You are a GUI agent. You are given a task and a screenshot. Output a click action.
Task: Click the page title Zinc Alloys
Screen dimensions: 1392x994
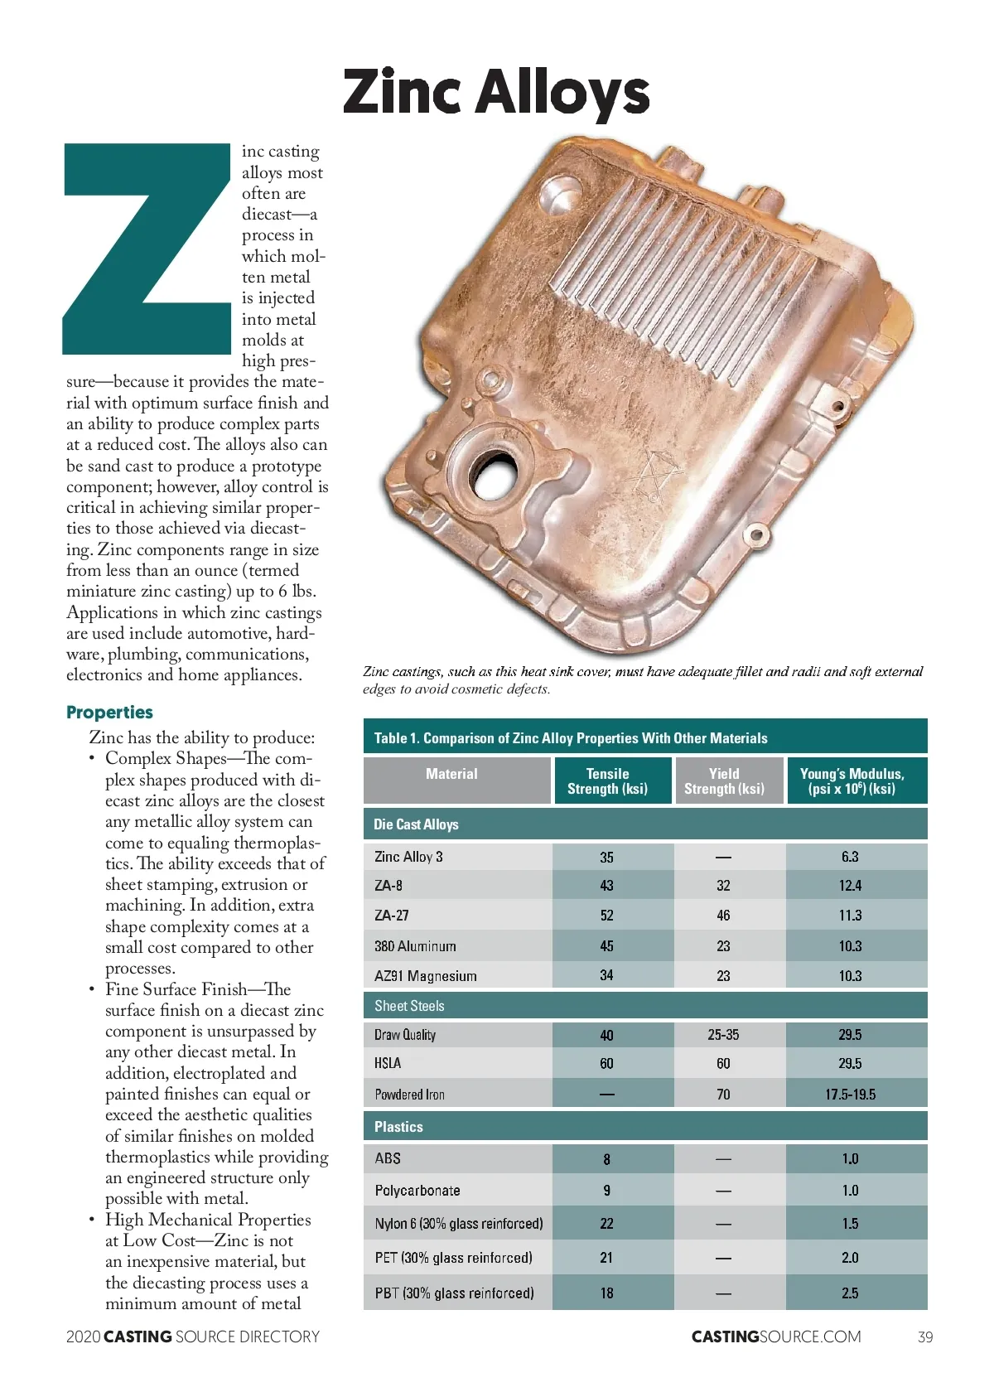click(x=496, y=92)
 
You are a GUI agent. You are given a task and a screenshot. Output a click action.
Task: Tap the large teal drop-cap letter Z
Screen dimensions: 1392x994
click(x=147, y=249)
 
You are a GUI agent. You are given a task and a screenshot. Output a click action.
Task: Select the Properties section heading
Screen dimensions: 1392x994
click(x=109, y=713)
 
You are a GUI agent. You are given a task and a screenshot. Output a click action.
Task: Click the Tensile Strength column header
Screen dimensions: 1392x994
click(x=607, y=781)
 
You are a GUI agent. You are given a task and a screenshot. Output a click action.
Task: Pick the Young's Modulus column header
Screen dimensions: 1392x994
click(x=852, y=781)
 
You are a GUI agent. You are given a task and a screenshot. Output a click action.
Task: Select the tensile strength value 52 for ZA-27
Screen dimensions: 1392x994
click(x=607, y=916)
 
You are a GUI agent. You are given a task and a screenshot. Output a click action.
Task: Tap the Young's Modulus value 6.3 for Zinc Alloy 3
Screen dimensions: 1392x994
click(x=850, y=857)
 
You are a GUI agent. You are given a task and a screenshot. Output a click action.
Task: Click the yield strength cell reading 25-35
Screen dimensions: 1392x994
click(x=723, y=1035)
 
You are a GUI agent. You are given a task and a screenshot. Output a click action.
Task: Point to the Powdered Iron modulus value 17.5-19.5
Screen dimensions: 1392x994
click(x=850, y=1095)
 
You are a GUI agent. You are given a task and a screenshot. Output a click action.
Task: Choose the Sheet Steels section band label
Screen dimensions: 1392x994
click(x=409, y=1006)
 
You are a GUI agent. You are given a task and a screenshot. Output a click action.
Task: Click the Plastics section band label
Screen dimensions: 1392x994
click(x=398, y=1127)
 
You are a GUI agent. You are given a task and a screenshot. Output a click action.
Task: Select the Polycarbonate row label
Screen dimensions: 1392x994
click(x=417, y=1191)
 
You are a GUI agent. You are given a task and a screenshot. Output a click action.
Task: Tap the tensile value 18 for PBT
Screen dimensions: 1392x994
click(x=607, y=1293)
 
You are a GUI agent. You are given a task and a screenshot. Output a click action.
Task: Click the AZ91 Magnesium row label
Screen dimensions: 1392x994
click(x=426, y=976)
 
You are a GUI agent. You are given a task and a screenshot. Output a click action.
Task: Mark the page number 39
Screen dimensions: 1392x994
click(x=925, y=1336)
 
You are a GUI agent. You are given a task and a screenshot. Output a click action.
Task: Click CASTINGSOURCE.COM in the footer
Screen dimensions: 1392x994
click(x=776, y=1336)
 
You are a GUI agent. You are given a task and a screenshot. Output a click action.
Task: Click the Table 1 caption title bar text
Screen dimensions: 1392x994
click(x=571, y=738)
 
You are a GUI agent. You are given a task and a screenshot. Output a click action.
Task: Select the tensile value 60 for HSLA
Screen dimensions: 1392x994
click(x=607, y=1064)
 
